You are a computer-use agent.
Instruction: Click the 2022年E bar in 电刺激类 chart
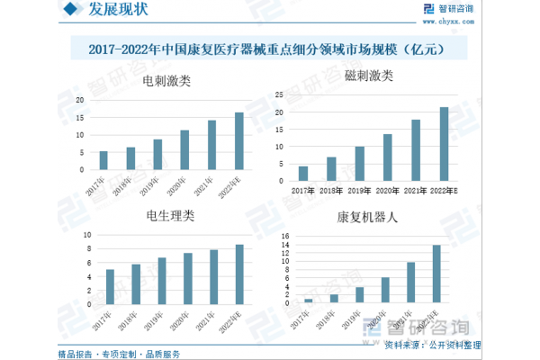tap(239, 141)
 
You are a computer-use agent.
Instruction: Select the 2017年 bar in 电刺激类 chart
tap(103, 160)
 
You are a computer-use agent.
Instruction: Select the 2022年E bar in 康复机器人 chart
tap(436, 274)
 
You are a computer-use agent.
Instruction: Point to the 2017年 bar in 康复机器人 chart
tap(309, 301)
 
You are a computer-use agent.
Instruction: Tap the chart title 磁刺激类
tap(370, 76)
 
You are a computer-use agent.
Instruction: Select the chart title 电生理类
tap(170, 216)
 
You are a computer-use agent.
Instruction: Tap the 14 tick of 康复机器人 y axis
tap(285, 238)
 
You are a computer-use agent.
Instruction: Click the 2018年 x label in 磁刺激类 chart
tap(332, 191)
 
